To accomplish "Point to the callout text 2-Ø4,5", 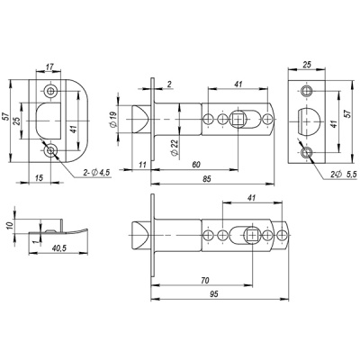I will tap(94, 170).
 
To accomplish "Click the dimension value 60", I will tap(196, 163).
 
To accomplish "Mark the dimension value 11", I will tap(143, 163).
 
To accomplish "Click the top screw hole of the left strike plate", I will tap(49, 90).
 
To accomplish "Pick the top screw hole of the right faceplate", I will tap(307, 90).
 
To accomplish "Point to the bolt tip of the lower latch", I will tap(138, 236).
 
